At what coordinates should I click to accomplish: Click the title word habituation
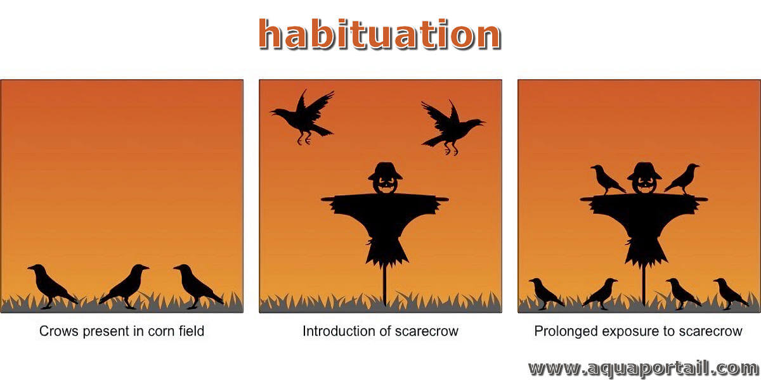[x=379, y=34]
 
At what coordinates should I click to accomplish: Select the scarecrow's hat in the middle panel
[x=385, y=171]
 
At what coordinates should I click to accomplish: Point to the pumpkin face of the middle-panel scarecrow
[x=385, y=186]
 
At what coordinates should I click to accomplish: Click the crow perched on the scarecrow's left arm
[x=608, y=180]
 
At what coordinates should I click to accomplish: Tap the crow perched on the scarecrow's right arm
[x=682, y=179]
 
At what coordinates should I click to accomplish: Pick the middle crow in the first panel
[x=125, y=286]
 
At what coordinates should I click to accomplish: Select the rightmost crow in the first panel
[x=198, y=286]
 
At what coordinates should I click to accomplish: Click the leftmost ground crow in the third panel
[x=545, y=293]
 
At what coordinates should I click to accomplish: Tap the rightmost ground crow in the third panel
[x=731, y=293]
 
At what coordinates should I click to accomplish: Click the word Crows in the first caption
[x=59, y=331]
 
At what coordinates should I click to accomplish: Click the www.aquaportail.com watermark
[x=644, y=369]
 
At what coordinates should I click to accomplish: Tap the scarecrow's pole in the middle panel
[x=384, y=284]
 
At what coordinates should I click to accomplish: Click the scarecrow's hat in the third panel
[x=644, y=171]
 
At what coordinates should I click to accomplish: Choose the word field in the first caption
[x=192, y=331]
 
